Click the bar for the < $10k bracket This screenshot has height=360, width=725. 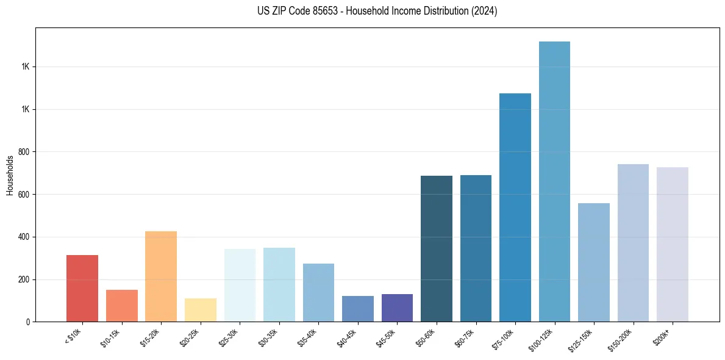(82, 288)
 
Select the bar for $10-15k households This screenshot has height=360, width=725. (121, 306)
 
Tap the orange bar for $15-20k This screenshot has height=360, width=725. (161, 276)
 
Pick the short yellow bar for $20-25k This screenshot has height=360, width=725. (201, 310)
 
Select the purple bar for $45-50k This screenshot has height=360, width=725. (397, 308)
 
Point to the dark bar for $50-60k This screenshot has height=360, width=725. (437, 248)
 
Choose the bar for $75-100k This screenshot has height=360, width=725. (515, 207)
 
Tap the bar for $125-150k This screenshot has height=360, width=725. (594, 262)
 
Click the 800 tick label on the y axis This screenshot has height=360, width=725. (24, 152)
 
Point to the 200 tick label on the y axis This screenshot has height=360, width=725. (24, 279)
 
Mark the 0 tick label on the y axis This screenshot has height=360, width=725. (28, 322)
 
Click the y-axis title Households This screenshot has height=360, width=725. (10, 175)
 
